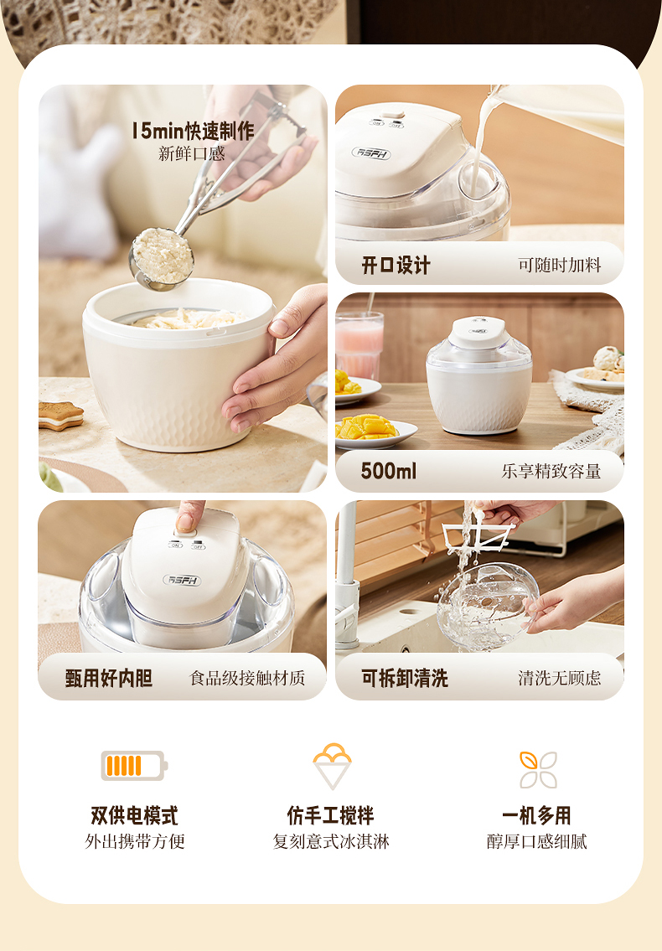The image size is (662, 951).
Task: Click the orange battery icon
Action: tap(134, 766)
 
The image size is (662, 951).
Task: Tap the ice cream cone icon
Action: tap(332, 766)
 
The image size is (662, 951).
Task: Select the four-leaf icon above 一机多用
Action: tap(538, 770)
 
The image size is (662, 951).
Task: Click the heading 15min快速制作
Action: tap(193, 131)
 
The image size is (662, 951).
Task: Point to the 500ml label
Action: tap(388, 471)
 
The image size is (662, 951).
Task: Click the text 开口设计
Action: tap(396, 265)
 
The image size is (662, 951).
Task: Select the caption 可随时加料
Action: tap(560, 265)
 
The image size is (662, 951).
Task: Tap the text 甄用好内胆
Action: tap(109, 678)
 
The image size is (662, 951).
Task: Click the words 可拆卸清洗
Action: tap(405, 678)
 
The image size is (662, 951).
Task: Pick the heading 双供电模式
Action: tap(134, 816)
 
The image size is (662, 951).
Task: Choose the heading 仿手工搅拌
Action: tap(331, 816)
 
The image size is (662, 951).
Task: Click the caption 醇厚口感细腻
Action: tap(537, 842)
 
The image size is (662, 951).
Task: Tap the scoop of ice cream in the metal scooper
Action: tap(162, 255)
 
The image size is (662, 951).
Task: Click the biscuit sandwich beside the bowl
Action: tap(60, 416)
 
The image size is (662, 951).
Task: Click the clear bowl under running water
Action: tap(487, 605)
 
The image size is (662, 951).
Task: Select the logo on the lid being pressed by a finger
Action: tap(182, 580)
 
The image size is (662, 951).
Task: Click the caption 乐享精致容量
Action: tap(551, 471)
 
